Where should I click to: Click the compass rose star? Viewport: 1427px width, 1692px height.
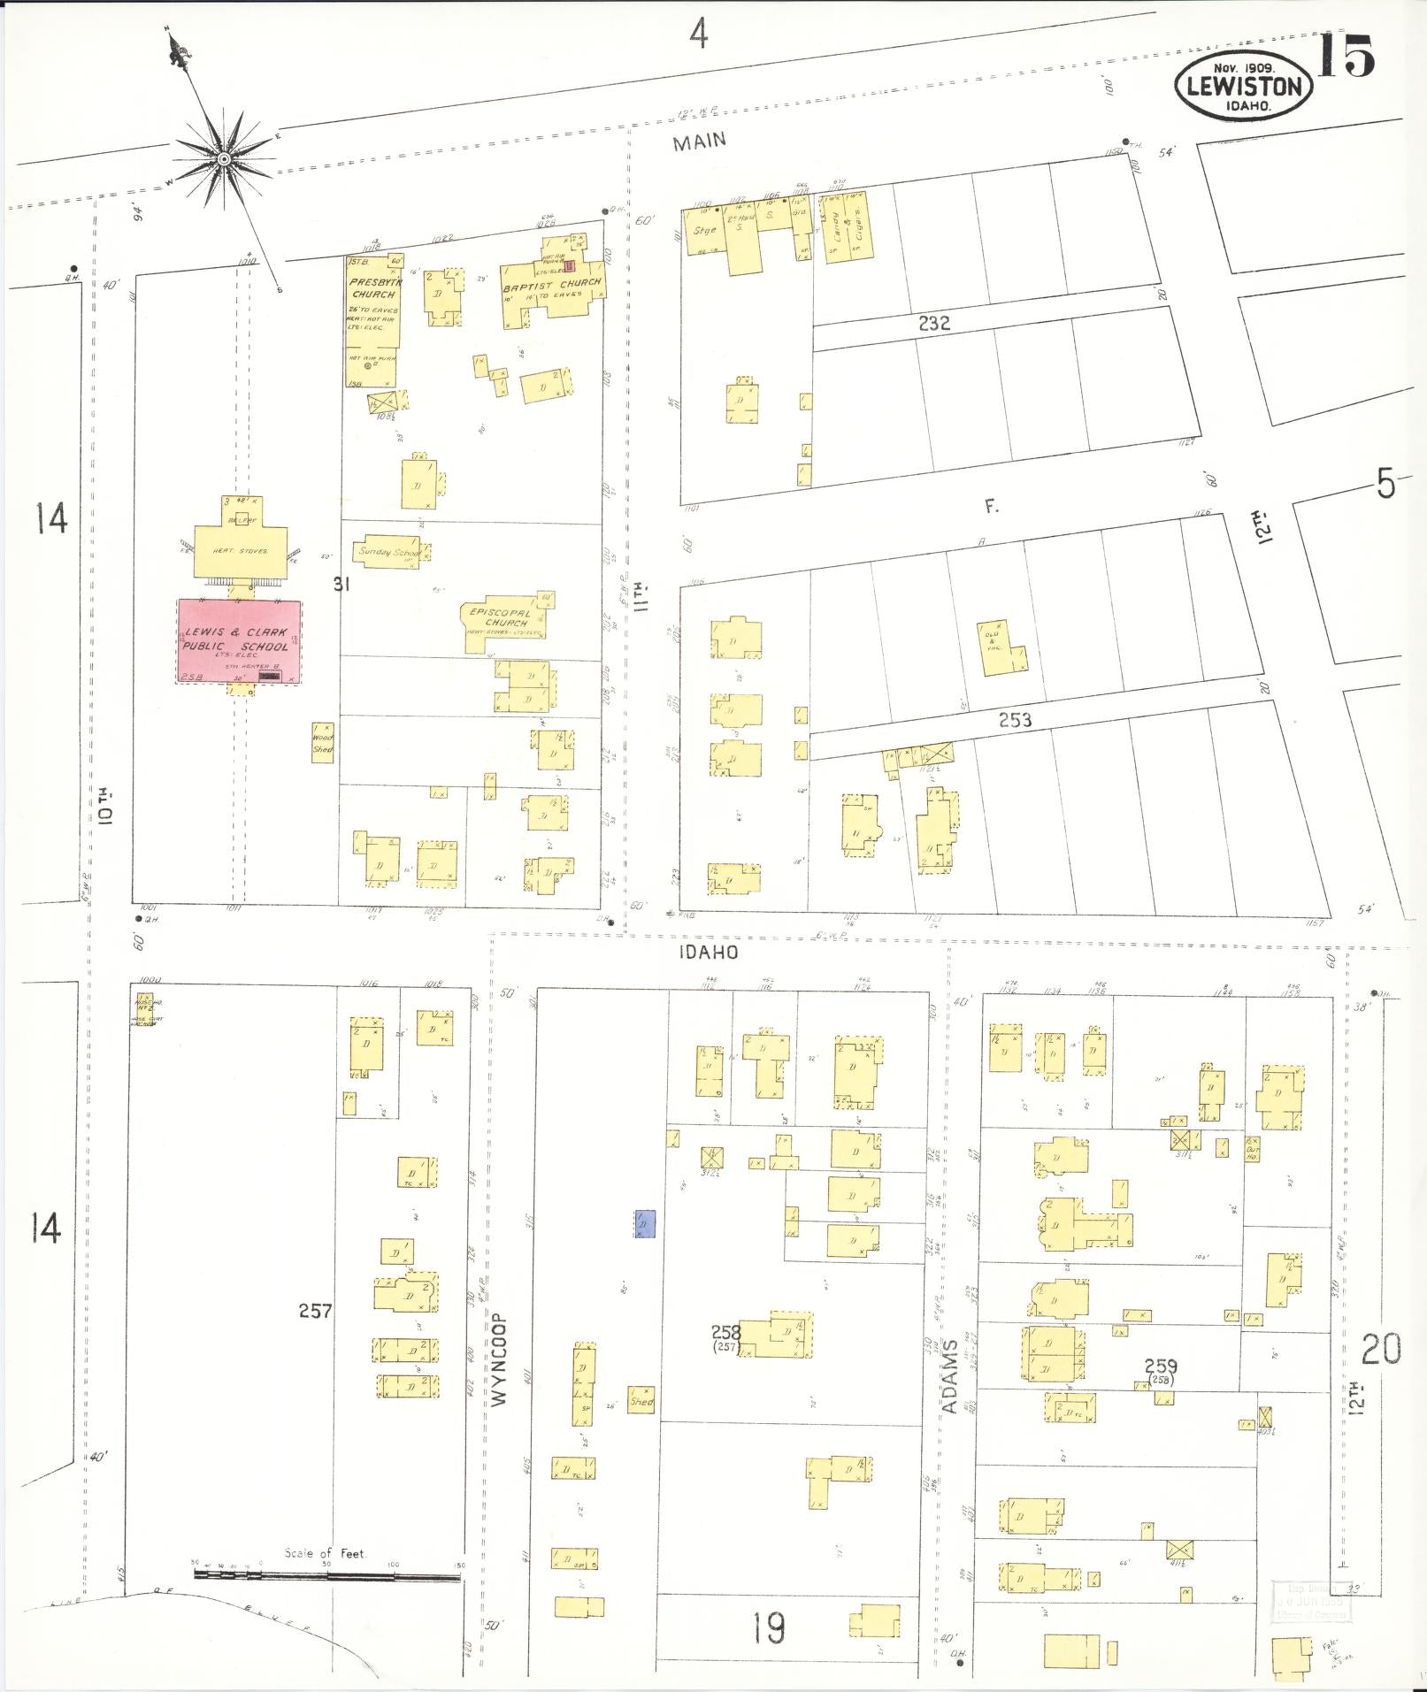(225, 159)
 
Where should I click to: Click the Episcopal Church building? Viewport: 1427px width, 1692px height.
(501, 620)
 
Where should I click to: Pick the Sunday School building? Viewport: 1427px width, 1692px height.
(389, 551)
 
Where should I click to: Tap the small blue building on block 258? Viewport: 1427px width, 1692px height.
(645, 1224)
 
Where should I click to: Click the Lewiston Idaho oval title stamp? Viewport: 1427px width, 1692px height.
(1243, 86)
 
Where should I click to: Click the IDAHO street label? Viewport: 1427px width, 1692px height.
(709, 953)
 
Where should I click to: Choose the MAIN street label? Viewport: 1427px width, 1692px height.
(700, 141)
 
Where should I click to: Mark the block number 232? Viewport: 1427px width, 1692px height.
(933, 324)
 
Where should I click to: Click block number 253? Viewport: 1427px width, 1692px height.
(1015, 720)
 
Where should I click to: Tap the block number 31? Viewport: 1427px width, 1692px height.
(341, 584)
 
